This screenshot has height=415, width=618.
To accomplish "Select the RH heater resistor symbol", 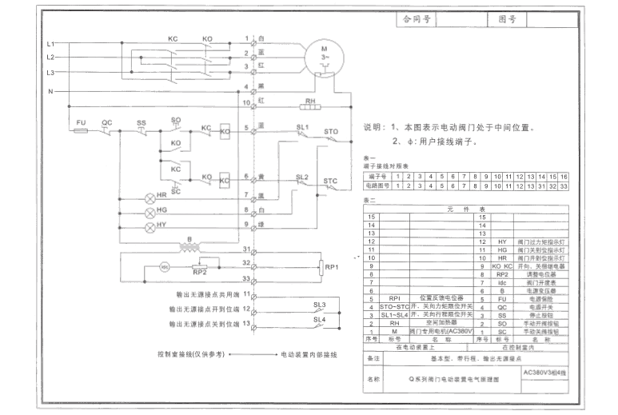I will pyautogui.click(x=309, y=104).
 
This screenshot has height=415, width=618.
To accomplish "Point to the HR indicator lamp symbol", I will pyautogui.click(x=149, y=196).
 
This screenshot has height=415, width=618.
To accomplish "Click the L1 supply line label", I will pyautogui.click(x=50, y=43).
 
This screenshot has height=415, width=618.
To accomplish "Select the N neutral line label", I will pyautogui.click(x=51, y=92).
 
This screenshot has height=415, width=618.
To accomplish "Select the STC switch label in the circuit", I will pyautogui.click(x=330, y=182).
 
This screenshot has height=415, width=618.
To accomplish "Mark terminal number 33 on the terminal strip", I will pyautogui.click(x=247, y=279).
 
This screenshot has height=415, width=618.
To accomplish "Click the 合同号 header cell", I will pyautogui.click(x=414, y=16).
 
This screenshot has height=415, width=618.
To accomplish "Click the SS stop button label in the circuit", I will pyautogui.click(x=142, y=122).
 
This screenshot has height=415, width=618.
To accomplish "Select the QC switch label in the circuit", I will pyautogui.click(x=106, y=122).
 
